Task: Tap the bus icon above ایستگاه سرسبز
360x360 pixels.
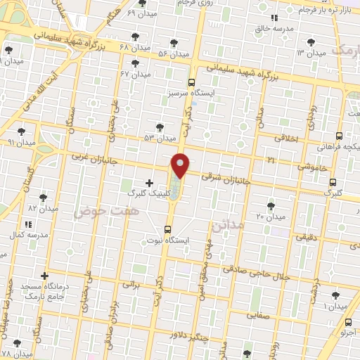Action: (x=192, y=82)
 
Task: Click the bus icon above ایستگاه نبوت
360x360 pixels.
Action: (x=167, y=229)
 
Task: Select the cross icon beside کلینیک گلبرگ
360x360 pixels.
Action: (x=149, y=183)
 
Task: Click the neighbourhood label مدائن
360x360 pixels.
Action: (x=229, y=224)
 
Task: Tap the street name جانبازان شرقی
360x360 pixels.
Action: (x=221, y=177)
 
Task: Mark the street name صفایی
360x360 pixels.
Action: (x=258, y=316)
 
